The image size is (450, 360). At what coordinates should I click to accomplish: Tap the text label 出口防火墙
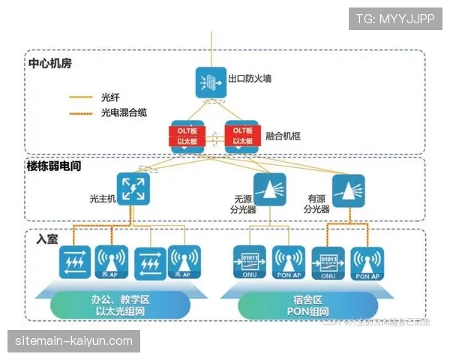click(x=249, y=77)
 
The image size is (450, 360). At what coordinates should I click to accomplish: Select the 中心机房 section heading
click(x=49, y=62)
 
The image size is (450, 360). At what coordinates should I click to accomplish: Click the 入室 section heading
click(x=46, y=238)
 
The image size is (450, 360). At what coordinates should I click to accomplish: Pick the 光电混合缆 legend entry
click(x=123, y=112)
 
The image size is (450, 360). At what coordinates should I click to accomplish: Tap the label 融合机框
click(x=281, y=136)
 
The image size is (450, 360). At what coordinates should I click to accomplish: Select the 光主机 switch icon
click(x=132, y=188)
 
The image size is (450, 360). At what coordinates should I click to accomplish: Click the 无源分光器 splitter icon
click(x=269, y=188)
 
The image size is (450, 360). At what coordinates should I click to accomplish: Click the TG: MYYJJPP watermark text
click(x=395, y=19)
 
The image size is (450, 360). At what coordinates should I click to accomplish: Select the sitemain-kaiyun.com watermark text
click(x=73, y=341)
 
